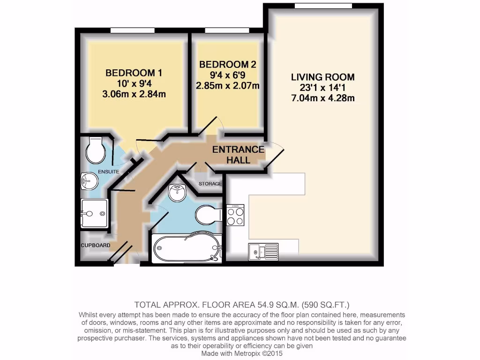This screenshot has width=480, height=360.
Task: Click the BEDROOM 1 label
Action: click(130, 73)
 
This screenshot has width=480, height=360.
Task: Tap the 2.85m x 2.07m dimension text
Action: click(228, 86)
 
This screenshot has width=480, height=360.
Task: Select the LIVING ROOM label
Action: click(323, 77)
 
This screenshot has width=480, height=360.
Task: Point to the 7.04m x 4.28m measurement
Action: click(323, 98)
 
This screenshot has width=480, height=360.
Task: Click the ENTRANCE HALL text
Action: click(238, 155)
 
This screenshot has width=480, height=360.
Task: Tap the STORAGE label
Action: click(209, 183)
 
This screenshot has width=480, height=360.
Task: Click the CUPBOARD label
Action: click(96, 245)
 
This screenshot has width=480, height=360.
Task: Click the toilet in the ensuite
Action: click(96, 149)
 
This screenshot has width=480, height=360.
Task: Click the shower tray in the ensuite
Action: click(95, 214)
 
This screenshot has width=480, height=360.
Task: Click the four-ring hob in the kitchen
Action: click(235, 216)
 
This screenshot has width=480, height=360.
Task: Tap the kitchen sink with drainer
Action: click(264, 252)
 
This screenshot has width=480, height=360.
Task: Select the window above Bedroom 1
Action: click(133, 30)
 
